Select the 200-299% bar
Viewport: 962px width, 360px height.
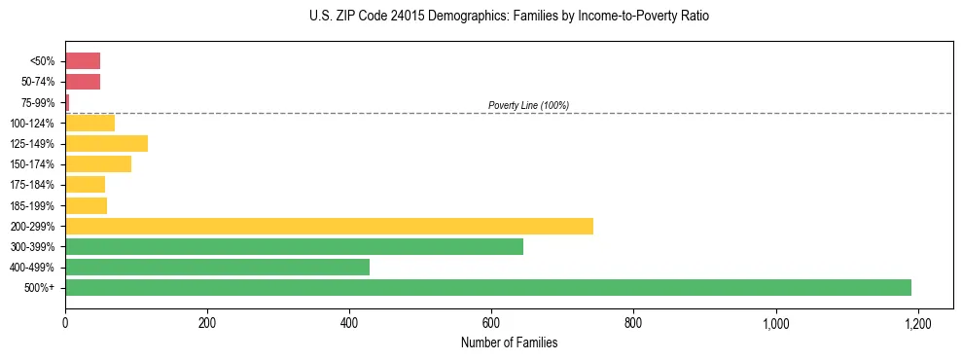click(329, 227)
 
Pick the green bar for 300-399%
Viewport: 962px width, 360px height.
click(294, 247)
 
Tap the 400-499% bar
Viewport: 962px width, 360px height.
click(217, 268)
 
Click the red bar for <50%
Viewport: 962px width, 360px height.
click(83, 61)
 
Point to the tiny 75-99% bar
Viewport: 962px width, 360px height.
click(67, 102)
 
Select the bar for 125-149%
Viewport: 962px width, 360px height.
click(106, 144)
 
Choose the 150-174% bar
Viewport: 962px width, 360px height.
click(98, 164)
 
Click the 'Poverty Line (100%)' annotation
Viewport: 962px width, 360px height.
click(528, 105)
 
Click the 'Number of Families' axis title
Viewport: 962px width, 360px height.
click(509, 342)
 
